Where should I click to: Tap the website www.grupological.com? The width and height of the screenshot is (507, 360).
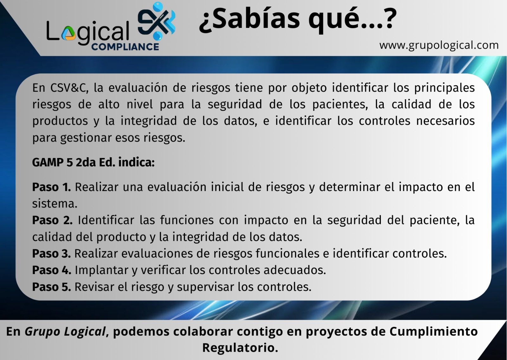pyautogui.click(x=439, y=45)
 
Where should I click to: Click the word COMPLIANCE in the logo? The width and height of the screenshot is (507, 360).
pyautogui.click(x=125, y=47)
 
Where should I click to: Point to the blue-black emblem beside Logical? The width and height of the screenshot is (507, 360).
pyautogui.click(x=157, y=21)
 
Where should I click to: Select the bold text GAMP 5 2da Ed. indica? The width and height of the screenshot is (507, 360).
pyautogui.click(x=93, y=162)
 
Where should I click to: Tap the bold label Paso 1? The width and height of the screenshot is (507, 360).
pyautogui.click(x=51, y=187)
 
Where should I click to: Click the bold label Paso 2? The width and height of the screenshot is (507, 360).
pyautogui.click(x=52, y=220)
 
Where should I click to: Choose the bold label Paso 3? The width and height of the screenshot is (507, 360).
pyautogui.click(x=51, y=253)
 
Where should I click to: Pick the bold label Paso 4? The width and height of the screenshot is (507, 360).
pyautogui.click(x=52, y=270)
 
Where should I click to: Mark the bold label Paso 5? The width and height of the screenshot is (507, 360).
pyautogui.click(x=51, y=287)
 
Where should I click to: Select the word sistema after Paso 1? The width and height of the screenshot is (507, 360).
pyautogui.click(x=55, y=204)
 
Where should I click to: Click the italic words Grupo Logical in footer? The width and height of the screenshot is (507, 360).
pyautogui.click(x=65, y=331)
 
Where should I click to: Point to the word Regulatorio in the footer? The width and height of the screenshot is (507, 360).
pyautogui.click(x=240, y=348)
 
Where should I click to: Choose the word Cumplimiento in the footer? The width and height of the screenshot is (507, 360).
pyautogui.click(x=433, y=331)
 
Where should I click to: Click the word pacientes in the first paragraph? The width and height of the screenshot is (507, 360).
pyautogui.click(x=340, y=105)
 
